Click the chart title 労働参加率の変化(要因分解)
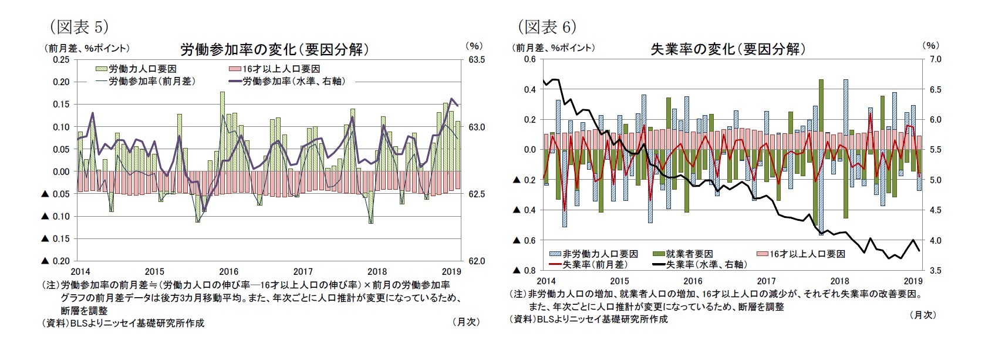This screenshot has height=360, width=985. [274, 49]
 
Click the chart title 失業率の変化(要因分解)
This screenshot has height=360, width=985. [728, 49]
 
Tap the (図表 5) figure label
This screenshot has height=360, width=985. [79, 27]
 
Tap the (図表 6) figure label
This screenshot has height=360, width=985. [547, 27]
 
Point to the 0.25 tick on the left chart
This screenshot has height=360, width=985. [60, 59]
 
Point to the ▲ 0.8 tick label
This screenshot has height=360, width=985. [524, 271]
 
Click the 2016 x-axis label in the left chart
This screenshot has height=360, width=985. [228, 271]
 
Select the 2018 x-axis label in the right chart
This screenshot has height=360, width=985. [839, 281]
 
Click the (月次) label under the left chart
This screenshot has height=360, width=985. [466, 322]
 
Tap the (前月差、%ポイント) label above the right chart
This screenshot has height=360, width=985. [555, 48]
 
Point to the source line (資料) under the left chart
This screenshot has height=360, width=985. [123, 322]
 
